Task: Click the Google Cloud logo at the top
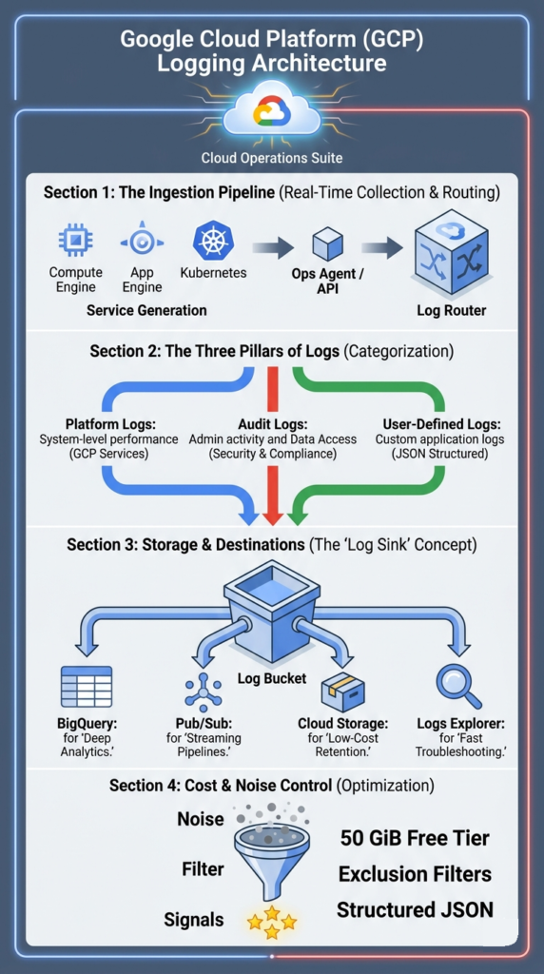[x=271, y=113]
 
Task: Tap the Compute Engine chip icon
[x=75, y=241]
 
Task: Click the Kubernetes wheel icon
[x=213, y=241]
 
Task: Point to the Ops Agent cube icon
[x=327, y=243]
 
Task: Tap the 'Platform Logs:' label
[x=107, y=423]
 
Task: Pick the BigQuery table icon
[x=86, y=686]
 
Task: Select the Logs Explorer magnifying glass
[x=458, y=685]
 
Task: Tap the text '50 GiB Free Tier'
[x=415, y=838]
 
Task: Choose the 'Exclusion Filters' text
[x=415, y=874]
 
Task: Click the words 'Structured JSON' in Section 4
[x=415, y=910]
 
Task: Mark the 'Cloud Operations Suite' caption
[x=271, y=158]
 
